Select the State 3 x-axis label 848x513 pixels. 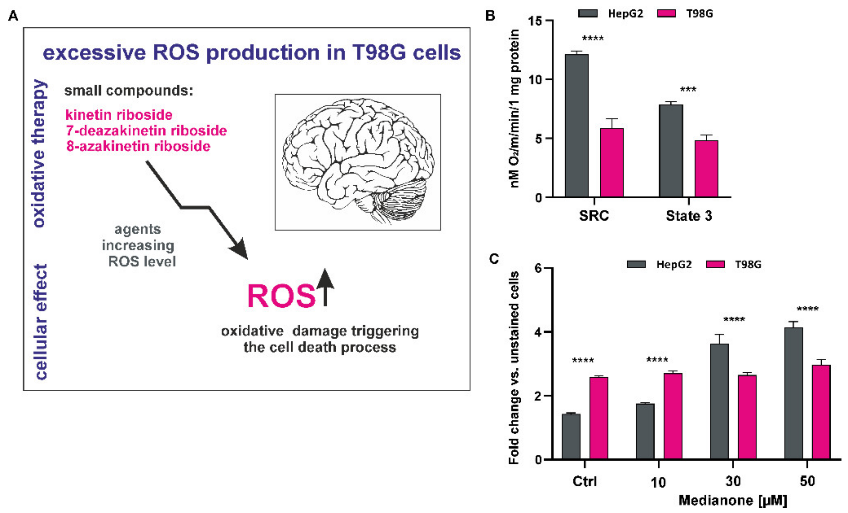689,216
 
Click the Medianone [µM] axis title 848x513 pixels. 732,500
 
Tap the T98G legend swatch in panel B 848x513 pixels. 666,13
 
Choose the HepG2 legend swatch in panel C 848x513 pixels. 636,264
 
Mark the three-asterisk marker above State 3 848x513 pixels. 688,90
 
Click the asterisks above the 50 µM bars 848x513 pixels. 807,309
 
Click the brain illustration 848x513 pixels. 358,162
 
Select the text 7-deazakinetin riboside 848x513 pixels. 146,131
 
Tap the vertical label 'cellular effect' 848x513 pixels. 41,322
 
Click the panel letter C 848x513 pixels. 494,259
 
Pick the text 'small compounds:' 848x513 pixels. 129,91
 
